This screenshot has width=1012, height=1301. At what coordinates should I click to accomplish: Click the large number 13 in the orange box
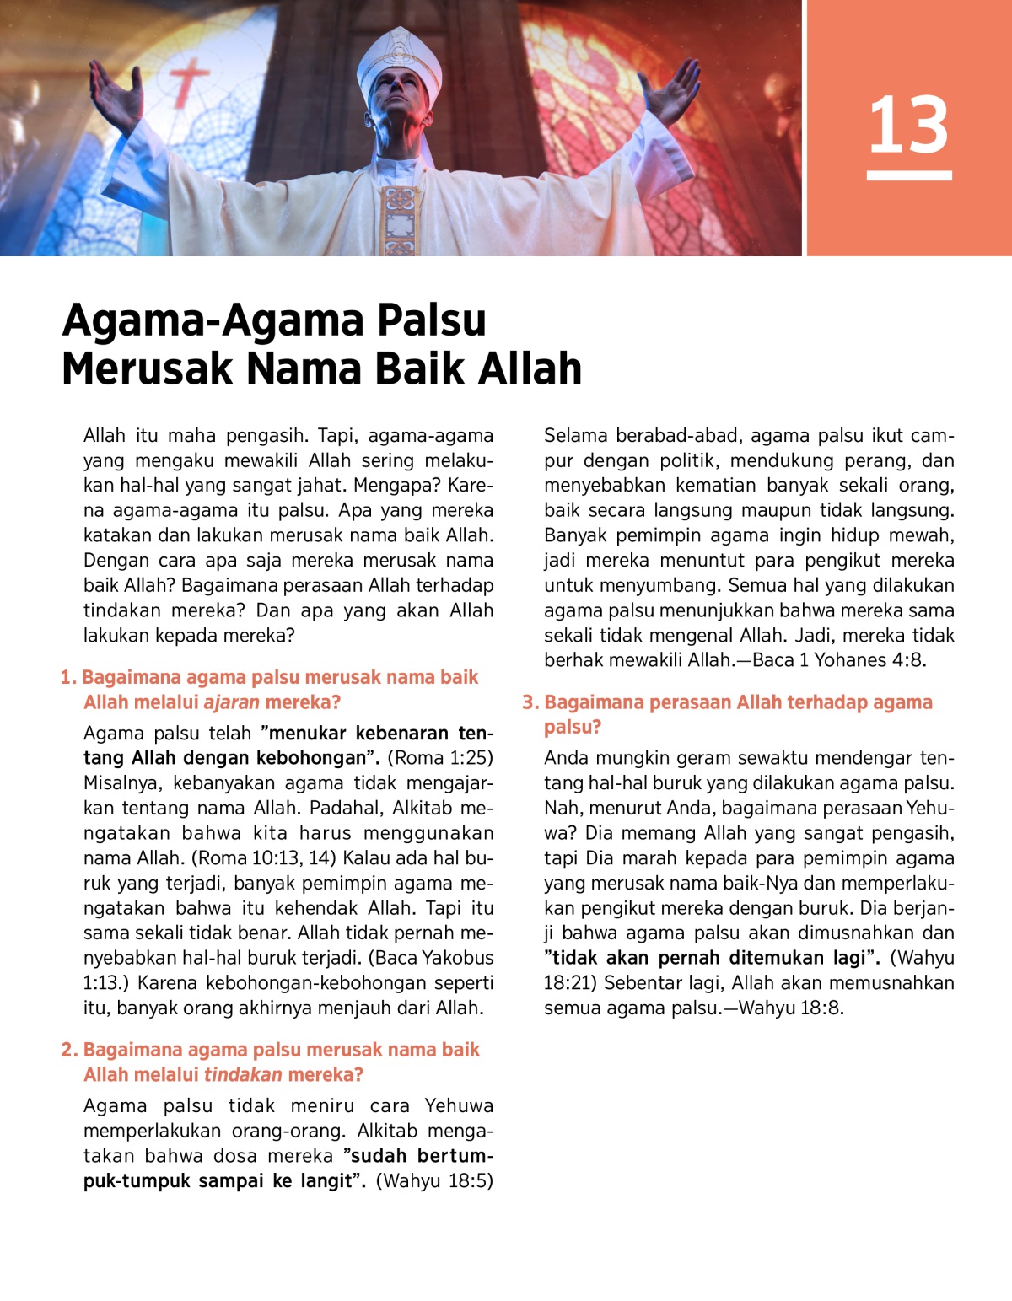tap(908, 125)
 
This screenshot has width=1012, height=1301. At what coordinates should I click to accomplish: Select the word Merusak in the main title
tap(147, 369)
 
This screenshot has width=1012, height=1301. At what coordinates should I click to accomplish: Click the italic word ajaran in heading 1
tap(231, 702)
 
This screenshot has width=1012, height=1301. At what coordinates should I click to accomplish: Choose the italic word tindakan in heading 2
tap(243, 1075)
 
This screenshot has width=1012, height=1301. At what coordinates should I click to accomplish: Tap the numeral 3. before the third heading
tap(530, 702)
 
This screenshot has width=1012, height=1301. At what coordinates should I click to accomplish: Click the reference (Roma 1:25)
tap(439, 758)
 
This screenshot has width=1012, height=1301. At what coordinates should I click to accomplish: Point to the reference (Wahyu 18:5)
tap(434, 1180)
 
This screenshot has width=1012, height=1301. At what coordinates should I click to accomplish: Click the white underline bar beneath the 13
tap(908, 175)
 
